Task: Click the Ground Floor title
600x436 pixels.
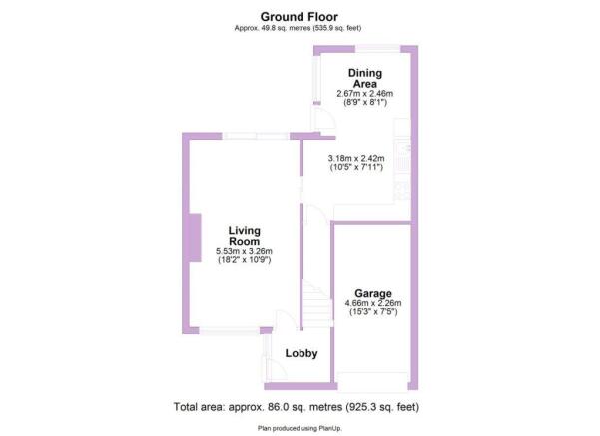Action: click(x=299, y=17)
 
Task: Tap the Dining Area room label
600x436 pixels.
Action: click(x=365, y=78)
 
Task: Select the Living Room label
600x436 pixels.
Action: click(x=245, y=236)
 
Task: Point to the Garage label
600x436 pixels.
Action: click(x=373, y=293)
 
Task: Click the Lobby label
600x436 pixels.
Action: click(x=301, y=353)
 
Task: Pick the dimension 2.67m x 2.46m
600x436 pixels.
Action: click(x=365, y=94)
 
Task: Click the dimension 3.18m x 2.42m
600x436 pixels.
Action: click(x=356, y=158)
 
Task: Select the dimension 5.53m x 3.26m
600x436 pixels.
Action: click(x=245, y=251)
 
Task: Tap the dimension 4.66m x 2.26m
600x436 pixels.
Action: click(x=373, y=303)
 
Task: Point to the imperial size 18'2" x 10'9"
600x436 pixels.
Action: click(x=245, y=260)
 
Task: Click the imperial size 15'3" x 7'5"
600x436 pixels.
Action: click(x=373, y=312)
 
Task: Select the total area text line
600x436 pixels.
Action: click(x=297, y=407)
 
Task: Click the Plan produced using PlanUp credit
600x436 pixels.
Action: click(x=300, y=428)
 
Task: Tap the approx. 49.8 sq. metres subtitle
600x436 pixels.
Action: click(x=298, y=28)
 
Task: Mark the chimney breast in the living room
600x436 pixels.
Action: click(x=195, y=237)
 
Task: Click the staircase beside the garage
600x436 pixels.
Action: click(x=317, y=304)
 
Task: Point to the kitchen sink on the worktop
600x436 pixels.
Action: click(x=402, y=156)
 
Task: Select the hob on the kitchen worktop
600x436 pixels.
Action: click(x=402, y=191)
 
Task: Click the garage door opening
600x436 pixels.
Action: click(x=373, y=382)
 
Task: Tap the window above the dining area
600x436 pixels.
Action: click(x=377, y=49)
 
